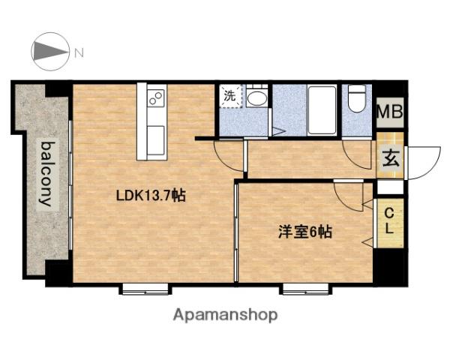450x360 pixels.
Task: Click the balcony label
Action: click(47, 174)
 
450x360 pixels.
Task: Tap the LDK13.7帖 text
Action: click(151, 196)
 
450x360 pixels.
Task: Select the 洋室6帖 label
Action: click(305, 232)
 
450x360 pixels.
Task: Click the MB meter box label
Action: click(390, 112)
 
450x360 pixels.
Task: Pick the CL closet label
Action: click(389, 221)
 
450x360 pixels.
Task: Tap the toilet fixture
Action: click(357, 98)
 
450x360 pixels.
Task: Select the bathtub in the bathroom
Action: click(322, 110)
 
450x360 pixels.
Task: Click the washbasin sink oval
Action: click(256, 98)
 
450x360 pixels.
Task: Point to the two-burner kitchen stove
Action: click(156, 98)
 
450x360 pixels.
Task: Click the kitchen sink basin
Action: click(156, 140)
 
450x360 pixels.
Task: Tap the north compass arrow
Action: click(50, 52)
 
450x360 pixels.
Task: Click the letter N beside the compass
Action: click(79, 52)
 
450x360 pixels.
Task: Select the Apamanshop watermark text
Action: click(225, 315)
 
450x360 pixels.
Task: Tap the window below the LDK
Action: click(145, 289)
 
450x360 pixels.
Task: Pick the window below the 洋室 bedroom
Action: click(306, 289)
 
